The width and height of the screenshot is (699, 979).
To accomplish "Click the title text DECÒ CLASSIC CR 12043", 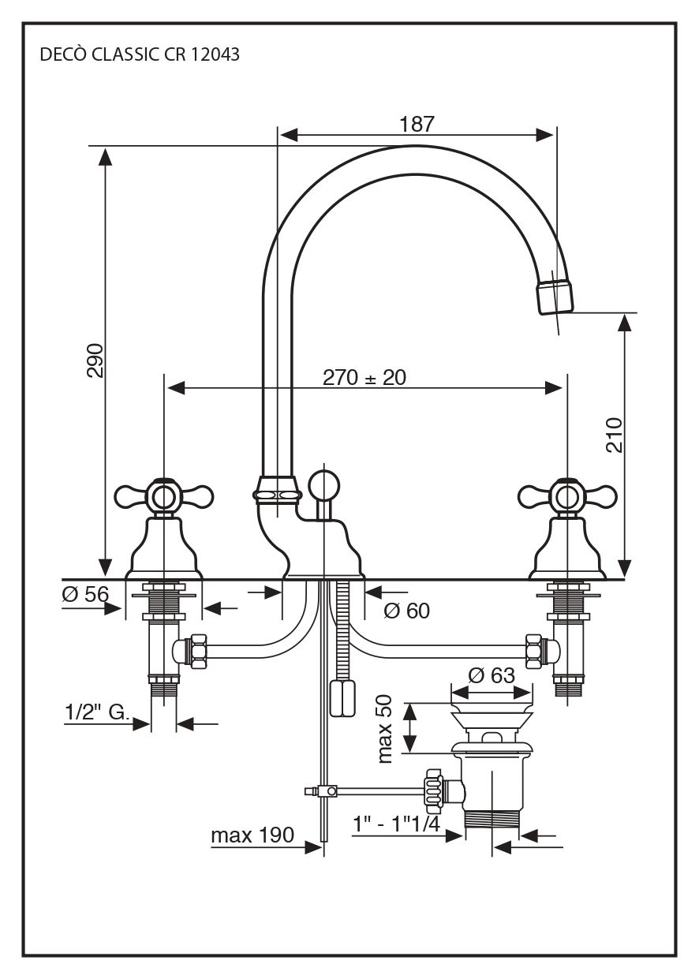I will point(139,55).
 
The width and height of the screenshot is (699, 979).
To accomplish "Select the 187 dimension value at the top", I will point(417,124).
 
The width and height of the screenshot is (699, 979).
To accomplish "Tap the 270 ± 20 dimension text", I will point(364,378).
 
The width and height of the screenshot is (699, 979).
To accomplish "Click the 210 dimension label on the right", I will point(615,434).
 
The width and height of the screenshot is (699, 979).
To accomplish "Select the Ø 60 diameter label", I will point(406,611).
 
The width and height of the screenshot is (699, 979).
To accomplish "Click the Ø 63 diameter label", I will point(491,676).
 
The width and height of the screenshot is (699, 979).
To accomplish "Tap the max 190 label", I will point(252,835).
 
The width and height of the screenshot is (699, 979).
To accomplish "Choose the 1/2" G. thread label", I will point(96,713).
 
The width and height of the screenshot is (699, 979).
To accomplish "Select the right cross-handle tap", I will point(566,497).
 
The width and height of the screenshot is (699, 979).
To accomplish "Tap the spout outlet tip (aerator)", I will point(555,293).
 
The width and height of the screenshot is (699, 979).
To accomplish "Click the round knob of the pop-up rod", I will point(323,483).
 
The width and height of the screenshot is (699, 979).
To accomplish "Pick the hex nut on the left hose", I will point(197,651).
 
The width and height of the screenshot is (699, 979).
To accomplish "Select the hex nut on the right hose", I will point(535,651).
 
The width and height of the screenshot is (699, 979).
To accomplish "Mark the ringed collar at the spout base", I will point(277,492).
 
